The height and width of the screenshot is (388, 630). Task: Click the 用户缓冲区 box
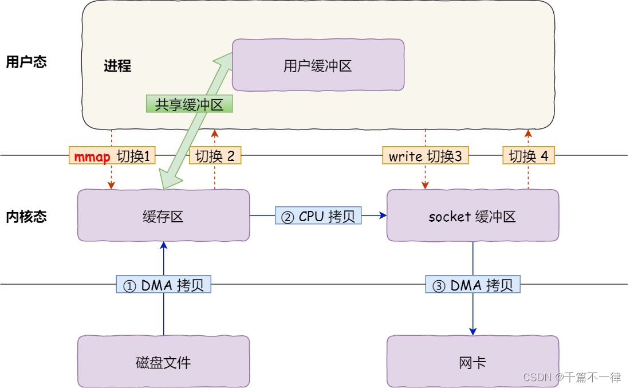pos(318,66)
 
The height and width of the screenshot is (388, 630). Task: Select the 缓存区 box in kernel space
pos(163,216)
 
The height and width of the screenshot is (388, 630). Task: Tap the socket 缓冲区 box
pos(472,216)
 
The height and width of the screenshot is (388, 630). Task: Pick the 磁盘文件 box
pos(163,362)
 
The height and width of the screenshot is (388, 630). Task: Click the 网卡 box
pos(472,362)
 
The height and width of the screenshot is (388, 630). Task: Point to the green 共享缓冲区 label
pos(190,104)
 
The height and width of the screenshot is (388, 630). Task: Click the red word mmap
pos(92,156)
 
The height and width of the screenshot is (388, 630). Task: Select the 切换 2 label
pos(215,156)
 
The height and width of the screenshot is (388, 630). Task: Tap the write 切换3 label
pos(425,156)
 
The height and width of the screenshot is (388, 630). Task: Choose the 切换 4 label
pos(528,156)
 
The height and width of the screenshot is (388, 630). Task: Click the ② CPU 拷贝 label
pos(318,216)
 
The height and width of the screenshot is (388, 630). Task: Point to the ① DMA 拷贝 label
pos(164,285)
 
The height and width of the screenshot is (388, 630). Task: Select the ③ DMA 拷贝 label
pos(473,285)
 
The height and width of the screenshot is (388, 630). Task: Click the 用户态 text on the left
pos(26,62)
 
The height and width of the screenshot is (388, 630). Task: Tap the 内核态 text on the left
pos(26,216)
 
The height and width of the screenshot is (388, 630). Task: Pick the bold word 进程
pos(117,66)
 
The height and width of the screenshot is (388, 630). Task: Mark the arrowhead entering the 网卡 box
pos(473,331)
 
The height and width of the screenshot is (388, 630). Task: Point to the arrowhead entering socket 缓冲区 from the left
pos(382,216)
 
